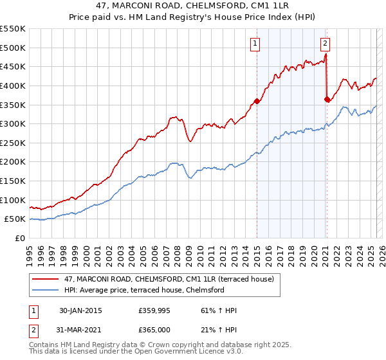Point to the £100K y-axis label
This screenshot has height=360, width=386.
point(13,200)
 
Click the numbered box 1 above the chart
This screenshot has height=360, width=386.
point(255,44)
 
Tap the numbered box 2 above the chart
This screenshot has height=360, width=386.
point(325,44)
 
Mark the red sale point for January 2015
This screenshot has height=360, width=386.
point(257,101)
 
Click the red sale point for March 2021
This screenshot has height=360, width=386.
point(327,99)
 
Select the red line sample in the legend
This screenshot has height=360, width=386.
point(46,279)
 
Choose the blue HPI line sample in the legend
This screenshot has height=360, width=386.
point(46,290)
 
